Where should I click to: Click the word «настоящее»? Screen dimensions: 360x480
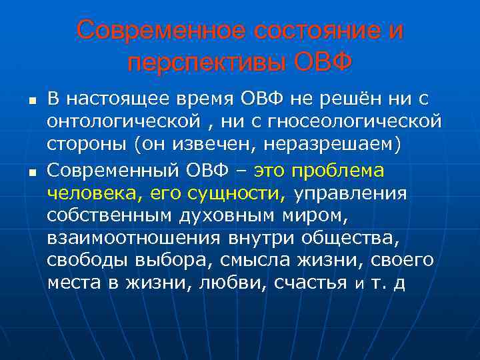119,99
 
